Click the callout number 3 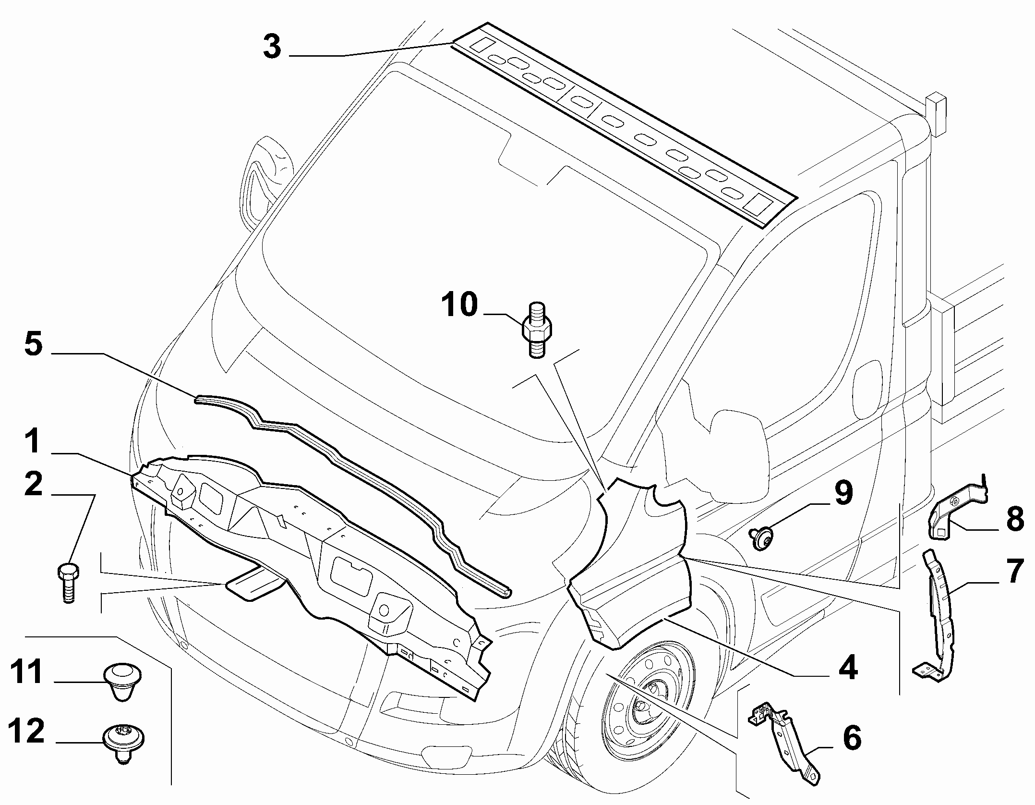tap(273, 48)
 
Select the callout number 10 tap(460, 304)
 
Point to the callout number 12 tap(27, 732)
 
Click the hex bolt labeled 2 tap(68, 583)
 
